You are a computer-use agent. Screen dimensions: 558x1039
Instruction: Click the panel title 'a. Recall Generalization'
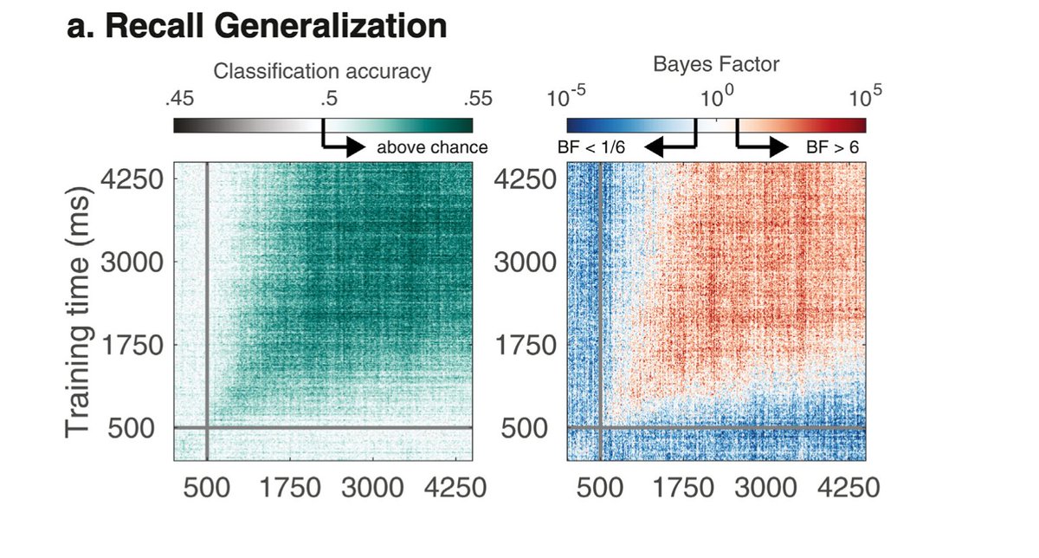256,27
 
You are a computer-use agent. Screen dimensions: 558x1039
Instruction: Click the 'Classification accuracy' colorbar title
322,72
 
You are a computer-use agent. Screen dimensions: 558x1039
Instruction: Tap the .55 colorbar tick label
474,99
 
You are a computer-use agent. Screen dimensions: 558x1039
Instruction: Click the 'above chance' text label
431,148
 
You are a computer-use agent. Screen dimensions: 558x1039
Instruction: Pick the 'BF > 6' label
832,148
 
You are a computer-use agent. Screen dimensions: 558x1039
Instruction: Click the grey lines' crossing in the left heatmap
207,427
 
